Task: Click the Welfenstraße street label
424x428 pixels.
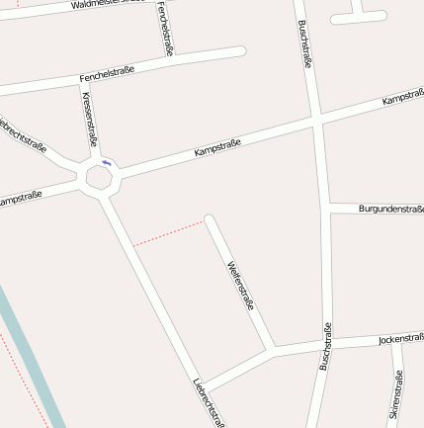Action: click(240, 286)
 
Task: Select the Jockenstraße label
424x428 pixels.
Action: click(400, 339)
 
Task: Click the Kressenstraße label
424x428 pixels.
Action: click(90, 119)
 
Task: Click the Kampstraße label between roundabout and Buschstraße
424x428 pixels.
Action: click(217, 146)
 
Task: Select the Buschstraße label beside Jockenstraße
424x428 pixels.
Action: click(324, 347)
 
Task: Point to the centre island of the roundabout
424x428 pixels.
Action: click(100, 178)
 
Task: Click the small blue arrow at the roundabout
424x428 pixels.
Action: click(106, 163)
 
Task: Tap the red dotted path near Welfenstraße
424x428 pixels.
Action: click(168, 233)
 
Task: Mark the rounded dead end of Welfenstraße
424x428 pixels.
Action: click(209, 219)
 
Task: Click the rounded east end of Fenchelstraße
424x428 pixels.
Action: click(238, 50)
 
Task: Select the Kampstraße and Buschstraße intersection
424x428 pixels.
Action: click(316, 121)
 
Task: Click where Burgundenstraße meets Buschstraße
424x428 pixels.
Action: click(327, 209)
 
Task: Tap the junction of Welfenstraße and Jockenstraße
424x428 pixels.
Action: click(272, 350)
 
